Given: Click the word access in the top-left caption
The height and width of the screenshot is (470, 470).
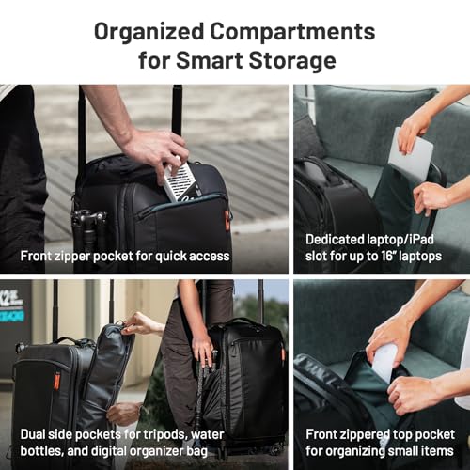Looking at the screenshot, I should coord(209,255).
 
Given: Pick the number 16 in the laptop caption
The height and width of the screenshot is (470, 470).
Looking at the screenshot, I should coord(390,255).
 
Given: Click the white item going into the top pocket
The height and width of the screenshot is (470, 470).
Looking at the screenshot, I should coord(384,362).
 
